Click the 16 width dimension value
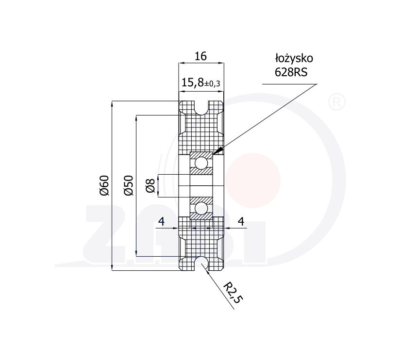click(200, 56)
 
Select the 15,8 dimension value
click(193, 82)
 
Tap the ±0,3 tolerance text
click(212, 84)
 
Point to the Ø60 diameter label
click(104, 185)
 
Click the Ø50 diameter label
click(128, 185)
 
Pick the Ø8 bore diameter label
click(150, 185)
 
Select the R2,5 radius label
click(232, 293)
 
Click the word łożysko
click(294, 59)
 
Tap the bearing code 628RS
click(291, 72)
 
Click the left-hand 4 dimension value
click(161, 222)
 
